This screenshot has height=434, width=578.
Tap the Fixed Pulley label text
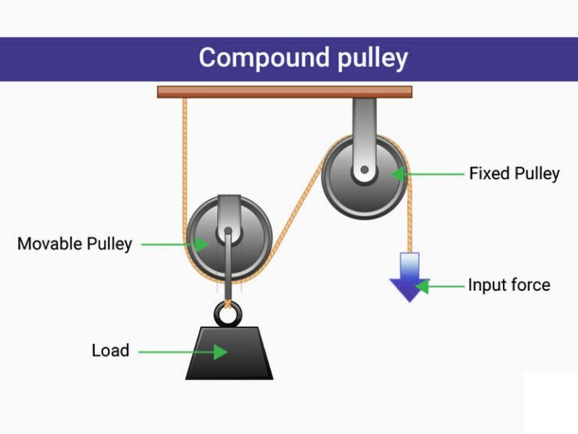(x=514, y=173)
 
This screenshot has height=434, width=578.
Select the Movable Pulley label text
(x=75, y=243)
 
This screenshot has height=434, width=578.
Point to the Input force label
(x=509, y=285)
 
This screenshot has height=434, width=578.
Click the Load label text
(x=111, y=350)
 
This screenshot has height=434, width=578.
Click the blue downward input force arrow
(x=409, y=277)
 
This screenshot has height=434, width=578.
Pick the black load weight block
(x=229, y=353)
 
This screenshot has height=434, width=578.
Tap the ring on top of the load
(x=226, y=310)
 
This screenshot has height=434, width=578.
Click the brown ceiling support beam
(x=284, y=92)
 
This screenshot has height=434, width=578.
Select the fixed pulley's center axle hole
(x=364, y=171)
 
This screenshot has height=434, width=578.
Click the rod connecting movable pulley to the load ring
(x=226, y=271)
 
